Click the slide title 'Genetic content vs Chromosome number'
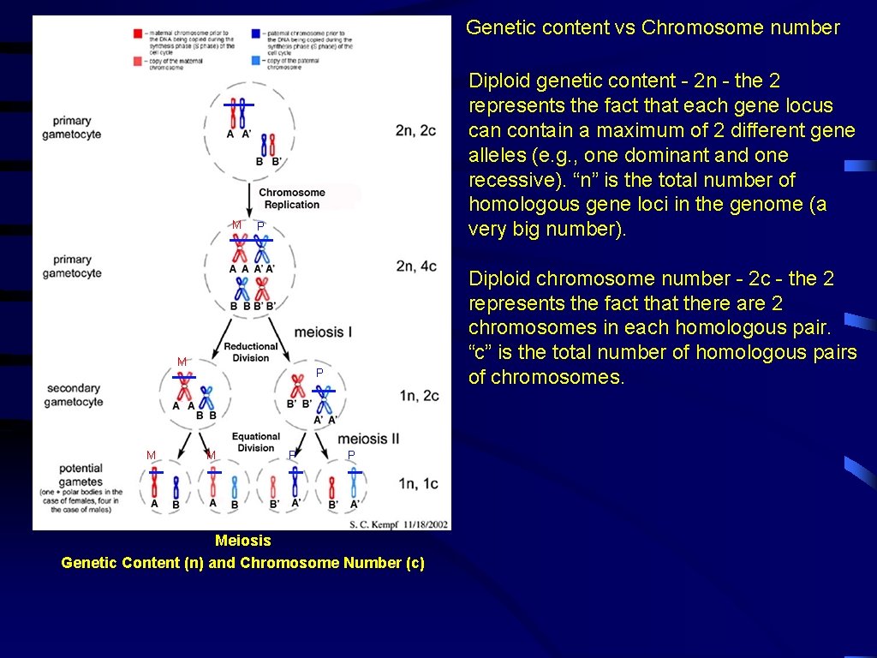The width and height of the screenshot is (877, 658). click(x=653, y=27)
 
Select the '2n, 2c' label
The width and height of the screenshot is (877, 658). click(x=416, y=130)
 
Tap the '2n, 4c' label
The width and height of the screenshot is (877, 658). click(x=416, y=266)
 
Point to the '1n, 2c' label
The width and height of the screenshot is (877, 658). click(x=419, y=395)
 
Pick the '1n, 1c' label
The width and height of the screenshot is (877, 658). click(x=419, y=484)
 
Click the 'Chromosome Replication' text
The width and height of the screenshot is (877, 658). click(x=292, y=199)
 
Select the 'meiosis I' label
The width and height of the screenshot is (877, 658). click(x=323, y=332)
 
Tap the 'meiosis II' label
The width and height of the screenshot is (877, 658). click(x=368, y=439)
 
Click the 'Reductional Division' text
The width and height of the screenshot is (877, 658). click(x=251, y=352)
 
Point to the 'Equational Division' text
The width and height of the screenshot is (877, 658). click(x=255, y=442)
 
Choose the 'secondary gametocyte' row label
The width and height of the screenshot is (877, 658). click(x=75, y=395)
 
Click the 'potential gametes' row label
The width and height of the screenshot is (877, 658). click(x=81, y=476)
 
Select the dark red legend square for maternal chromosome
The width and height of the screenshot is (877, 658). click(x=138, y=33)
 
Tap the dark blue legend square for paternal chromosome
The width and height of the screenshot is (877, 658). click(x=256, y=33)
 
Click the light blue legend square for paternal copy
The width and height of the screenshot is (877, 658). click(x=256, y=62)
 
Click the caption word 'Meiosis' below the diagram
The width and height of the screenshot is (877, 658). click(x=242, y=541)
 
